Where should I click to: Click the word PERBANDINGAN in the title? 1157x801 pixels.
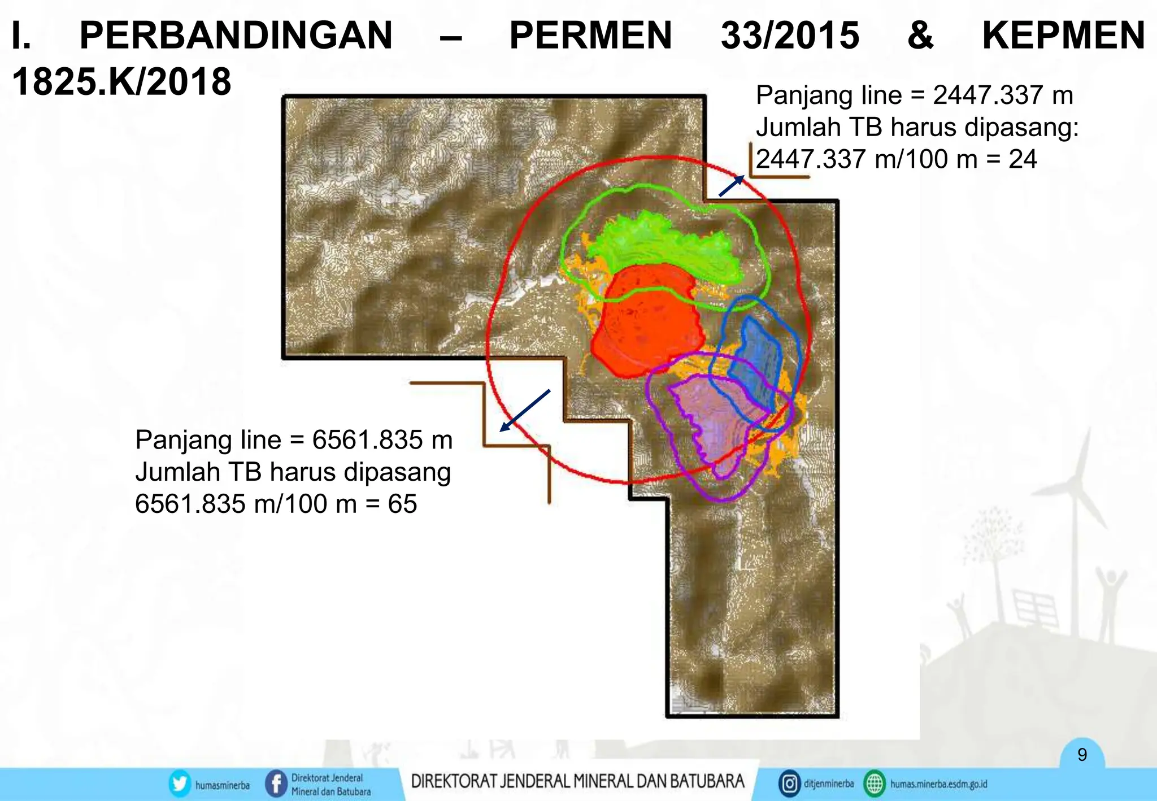point(236,36)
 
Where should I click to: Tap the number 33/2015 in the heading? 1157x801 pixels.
point(790,36)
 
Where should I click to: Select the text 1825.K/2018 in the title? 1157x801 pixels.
point(121,82)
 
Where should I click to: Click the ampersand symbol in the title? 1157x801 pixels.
point(920,36)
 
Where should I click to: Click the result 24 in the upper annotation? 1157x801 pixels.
point(1023,159)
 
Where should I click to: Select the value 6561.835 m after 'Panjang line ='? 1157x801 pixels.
point(382,440)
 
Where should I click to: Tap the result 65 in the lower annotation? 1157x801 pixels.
point(402,504)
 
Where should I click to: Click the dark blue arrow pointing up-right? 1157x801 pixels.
point(731,186)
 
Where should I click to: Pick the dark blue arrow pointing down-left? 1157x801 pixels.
point(525,411)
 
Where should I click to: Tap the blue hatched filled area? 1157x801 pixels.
point(757,362)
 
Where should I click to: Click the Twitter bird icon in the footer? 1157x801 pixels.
point(180,784)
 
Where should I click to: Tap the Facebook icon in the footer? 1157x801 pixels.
point(276,784)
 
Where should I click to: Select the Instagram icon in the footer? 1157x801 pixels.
point(789,784)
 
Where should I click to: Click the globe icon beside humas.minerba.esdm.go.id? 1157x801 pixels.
point(875,784)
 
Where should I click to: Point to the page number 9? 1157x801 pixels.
point(1082,755)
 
